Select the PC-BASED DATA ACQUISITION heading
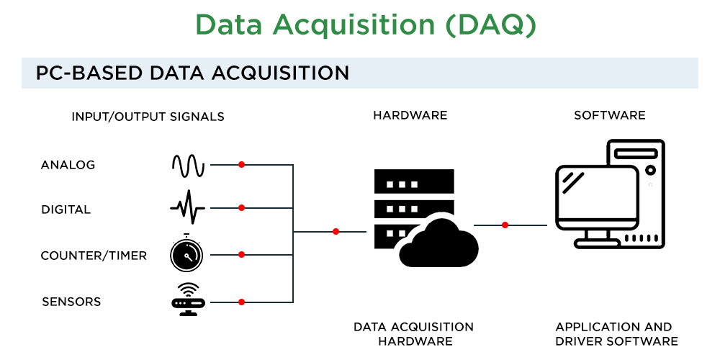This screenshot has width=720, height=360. pyautogui.click(x=192, y=73)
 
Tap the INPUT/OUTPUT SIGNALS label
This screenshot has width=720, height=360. pyautogui.click(x=148, y=117)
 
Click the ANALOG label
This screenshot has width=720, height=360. pyautogui.click(x=68, y=165)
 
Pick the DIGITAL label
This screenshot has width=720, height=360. pyautogui.click(x=66, y=210)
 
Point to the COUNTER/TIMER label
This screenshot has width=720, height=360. pyautogui.click(x=94, y=256)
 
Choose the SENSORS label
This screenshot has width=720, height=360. pyautogui.click(x=71, y=301)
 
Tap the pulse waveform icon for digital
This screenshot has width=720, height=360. pyautogui.click(x=187, y=207)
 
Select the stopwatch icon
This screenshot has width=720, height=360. pyautogui.click(x=186, y=253)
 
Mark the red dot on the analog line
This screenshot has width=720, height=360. pyautogui.click(x=242, y=165)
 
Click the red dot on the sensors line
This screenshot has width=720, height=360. pyautogui.click(x=242, y=302)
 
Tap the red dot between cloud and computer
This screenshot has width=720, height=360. pyautogui.click(x=505, y=225)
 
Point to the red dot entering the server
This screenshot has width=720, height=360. pyautogui.click(x=336, y=231)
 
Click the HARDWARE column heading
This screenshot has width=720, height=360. pyautogui.click(x=410, y=115)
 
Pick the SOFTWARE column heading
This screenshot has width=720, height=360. pyautogui.click(x=609, y=115)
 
